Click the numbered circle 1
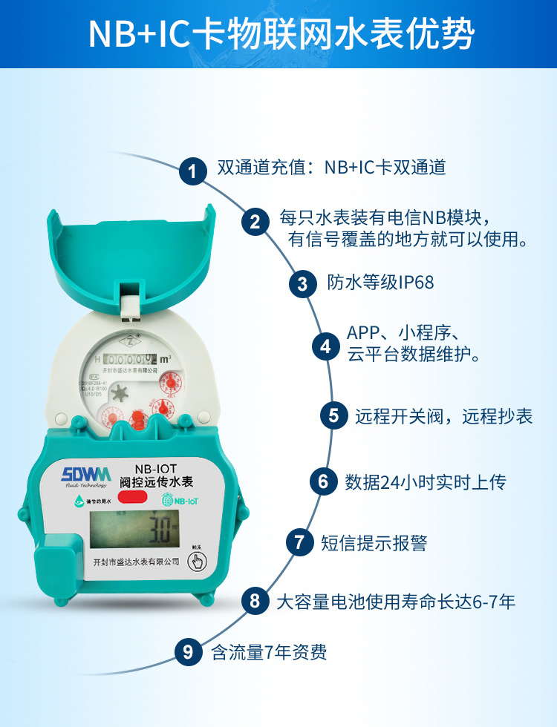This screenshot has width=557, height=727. [x=193, y=172]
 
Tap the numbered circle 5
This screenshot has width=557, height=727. [x=333, y=415]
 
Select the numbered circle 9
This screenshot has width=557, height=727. [x=188, y=652]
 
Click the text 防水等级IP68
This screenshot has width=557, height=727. [x=380, y=283]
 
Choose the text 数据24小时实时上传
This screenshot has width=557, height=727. [x=425, y=481]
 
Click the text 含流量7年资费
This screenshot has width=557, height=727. [x=269, y=653]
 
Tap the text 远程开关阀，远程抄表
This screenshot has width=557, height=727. [x=443, y=415]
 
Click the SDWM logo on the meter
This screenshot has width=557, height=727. [x=86, y=474]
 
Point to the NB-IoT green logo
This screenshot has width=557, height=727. [x=180, y=501]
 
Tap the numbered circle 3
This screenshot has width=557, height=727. [x=302, y=283]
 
